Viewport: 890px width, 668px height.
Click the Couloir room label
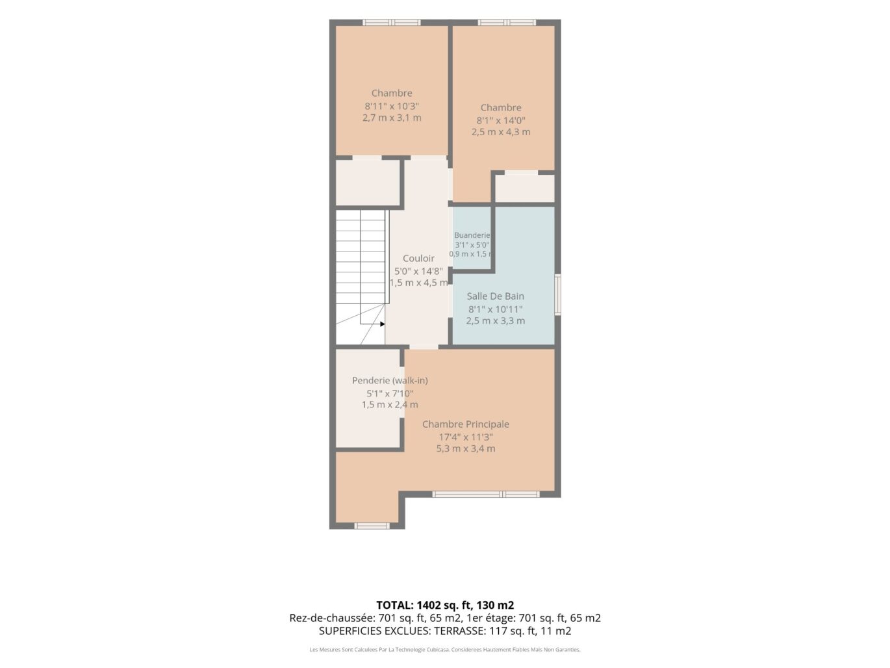click(x=418, y=259)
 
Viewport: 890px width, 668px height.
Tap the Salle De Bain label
click(x=495, y=296)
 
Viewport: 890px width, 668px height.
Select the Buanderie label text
click(x=472, y=235)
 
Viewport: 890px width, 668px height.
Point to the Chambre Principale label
click(x=466, y=424)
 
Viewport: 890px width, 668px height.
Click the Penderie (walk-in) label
click(x=390, y=380)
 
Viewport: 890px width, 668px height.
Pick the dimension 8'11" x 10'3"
click(x=392, y=107)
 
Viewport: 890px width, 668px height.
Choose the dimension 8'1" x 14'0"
click(x=501, y=120)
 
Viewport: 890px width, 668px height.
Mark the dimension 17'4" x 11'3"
click(x=466, y=437)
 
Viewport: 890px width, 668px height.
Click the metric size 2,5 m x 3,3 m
click(x=495, y=321)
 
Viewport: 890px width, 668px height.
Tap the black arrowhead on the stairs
click(x=383, y=324)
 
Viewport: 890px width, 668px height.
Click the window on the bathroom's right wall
click(x=557, y=294)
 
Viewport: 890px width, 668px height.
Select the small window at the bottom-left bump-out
click(x=372, y=526)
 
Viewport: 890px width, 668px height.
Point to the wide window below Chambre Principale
click(x=486, y=494)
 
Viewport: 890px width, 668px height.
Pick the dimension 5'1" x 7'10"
click(x=390, y=393)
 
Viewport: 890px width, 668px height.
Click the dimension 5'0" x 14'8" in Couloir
click(x=418, y=272)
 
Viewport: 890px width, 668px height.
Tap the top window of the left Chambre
click(x=391, y=22)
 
